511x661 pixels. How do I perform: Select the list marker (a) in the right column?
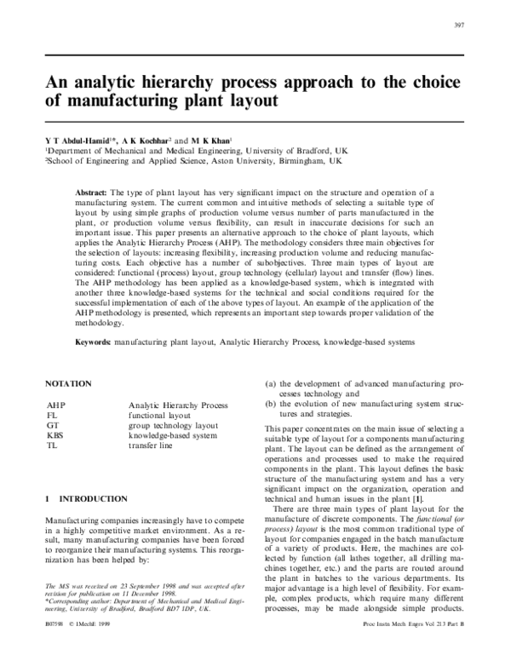click(271, 385)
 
